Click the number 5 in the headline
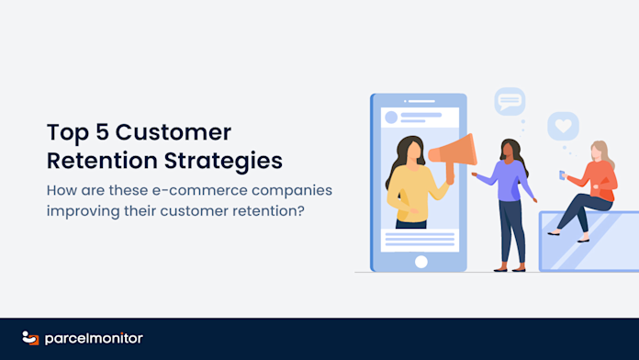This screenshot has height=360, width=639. click(x=102, y=132)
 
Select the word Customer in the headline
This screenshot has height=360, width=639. click(x=174, y=132)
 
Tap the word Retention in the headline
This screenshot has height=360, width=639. click(x=102, y=160)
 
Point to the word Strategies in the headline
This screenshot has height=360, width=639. click(x=223, y=161)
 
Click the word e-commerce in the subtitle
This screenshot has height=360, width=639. click(x=200, y=190)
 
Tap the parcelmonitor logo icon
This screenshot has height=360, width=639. click(x=30, y=338)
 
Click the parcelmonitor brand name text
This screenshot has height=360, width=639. click(x=94, y=338)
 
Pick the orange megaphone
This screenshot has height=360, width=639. click(x=453, y=153)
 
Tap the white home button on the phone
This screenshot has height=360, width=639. click(x=421, y=262)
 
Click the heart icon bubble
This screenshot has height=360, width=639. click(x=563, y=126)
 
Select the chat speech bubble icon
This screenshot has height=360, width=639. click(x=510, y=101)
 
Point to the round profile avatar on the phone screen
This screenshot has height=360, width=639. click(x=391, y=118)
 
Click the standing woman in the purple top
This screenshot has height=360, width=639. click(x=509, y=204)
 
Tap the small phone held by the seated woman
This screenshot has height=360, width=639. click(x=563, y=175)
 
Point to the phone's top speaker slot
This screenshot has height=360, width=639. click(x=421, y=101)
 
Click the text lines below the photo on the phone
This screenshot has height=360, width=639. click(x=420, y=240)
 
